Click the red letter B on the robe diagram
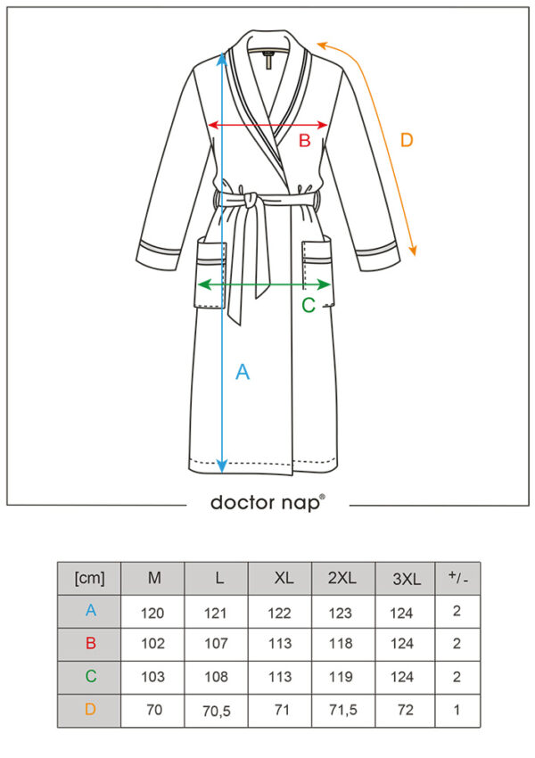(x=304, y=140)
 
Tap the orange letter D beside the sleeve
(x=407, y=140)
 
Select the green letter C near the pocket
(x=309, y=305)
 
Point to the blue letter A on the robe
(x=243, y=372)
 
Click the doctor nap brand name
(x=267, y=502)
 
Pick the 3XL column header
(x=407, y=579)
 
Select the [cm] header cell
(x=89, y=578)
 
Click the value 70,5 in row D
(x=217, y=711)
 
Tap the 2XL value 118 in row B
(x=341, y=644)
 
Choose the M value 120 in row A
(x=152, y=613)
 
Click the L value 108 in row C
(x=216, y=677)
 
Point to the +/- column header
(x=457, y=577)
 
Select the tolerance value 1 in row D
(x=457, y=710)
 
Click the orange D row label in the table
(x=90, y=709)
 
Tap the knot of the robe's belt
(x=251, y=200)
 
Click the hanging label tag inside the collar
(x=268, y=59)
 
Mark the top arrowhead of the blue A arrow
(x=222, y=58)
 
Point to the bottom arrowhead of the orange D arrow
(x=412, y=250)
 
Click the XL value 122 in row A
(x=279, y=613)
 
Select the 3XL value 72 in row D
(x=406, y=710)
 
